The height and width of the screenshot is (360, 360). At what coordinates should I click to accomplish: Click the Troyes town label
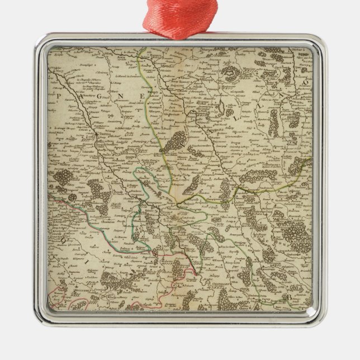(105, 134)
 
